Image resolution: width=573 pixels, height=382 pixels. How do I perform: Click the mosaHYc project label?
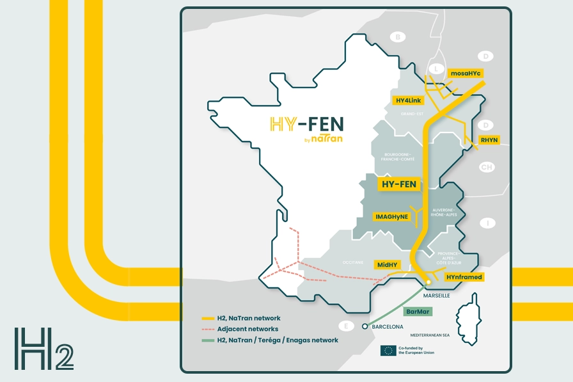[x=466, y=74]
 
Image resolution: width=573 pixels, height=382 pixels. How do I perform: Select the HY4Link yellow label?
[x=407, y=100]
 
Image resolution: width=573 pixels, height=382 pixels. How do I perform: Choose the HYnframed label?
[x=464, y=276]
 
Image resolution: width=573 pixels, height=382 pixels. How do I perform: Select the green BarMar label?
[x=419, y=312]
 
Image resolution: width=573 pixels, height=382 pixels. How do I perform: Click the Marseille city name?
[x=437, y=296]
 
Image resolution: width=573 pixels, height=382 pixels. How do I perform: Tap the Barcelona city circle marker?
[x=365, y=326]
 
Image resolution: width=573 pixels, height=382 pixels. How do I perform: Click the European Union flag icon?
[x=388, y=350]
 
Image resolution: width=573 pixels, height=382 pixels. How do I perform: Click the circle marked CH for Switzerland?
[x=487, y=168]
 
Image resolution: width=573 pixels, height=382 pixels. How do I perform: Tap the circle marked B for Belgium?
[x=398, y=37]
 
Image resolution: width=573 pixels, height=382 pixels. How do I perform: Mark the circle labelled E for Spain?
[x=346, y=326]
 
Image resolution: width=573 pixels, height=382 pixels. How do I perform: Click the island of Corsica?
[x=473, y=316]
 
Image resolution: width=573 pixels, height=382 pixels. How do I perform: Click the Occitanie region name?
[x=353, y=262]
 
